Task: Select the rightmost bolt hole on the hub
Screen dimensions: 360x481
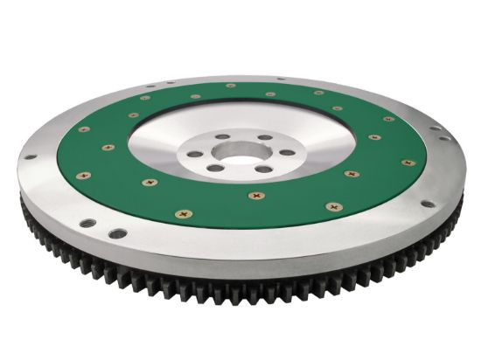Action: coord(286,152)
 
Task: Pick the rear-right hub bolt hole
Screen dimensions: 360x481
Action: coord(263,136)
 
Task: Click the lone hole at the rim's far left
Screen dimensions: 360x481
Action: coord(31,157)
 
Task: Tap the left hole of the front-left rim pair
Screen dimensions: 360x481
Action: coord(88,223)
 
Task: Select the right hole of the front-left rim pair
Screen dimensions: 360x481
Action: coord(116,233)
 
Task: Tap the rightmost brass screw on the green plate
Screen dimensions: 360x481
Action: coord(408,163)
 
